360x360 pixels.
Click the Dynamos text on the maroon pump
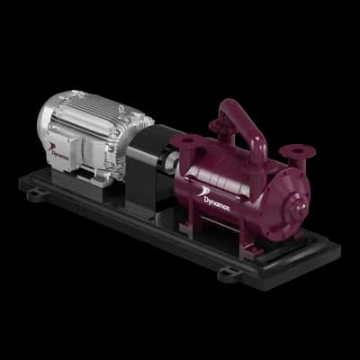click(217, 203)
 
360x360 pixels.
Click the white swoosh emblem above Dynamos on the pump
click(205, 191)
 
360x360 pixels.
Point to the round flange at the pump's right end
click(297, 151)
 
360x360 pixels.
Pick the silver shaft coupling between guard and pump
click(171, 162)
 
